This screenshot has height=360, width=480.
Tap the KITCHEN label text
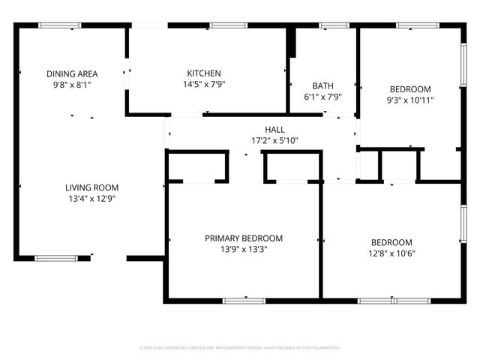tap(204, 73)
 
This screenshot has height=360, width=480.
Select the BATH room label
tap(323, 85)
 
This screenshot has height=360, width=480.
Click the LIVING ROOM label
tap(91, 187)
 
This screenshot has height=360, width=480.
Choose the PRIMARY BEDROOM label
tap(244, 238)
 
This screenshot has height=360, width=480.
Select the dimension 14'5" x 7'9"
tap(204, 84)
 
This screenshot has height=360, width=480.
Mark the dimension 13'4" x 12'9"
tap(91, 199)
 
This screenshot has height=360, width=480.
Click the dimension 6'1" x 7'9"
tap(323, 97)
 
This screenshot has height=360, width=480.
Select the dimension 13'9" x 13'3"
tap(244, 250)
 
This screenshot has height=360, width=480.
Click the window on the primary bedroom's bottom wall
tap(244, 301)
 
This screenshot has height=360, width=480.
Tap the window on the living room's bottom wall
tap(56, 258)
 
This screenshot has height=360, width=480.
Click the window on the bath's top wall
tap(329, 25)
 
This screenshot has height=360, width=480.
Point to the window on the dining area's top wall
tap(60, 25)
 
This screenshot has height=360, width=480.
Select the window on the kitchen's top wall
tap(229, 25)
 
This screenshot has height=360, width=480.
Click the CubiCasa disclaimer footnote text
tap(240, 348)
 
